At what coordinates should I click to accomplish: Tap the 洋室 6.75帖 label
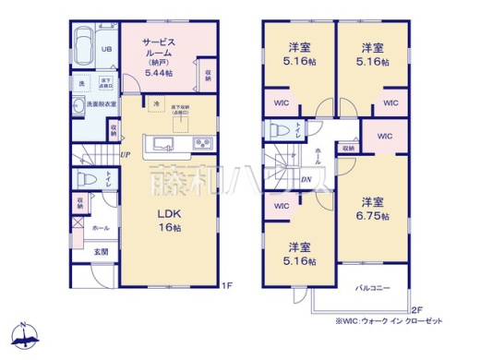(x=372, y=209)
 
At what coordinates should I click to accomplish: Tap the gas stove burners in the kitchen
(x=201, y=144)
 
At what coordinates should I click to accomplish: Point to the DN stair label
(x=306, y=179)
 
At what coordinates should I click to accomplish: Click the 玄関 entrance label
(x=99, y=250)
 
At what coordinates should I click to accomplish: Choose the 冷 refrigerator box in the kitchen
(x=157, y=103)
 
